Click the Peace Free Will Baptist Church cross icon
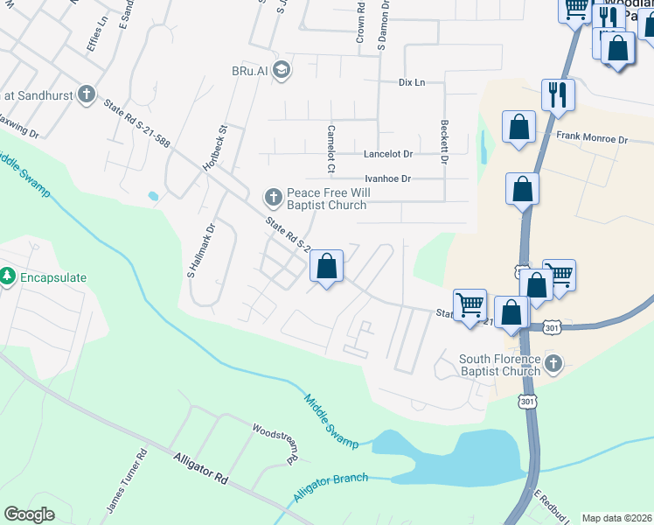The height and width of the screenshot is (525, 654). coord(273,195)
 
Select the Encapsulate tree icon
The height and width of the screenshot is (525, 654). coord(8,276)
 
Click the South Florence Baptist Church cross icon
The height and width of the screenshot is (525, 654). coord(552,363)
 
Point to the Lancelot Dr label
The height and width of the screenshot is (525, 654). coord(387,154)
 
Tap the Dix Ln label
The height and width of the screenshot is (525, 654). coord(411,82)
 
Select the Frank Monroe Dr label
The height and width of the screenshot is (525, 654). coord(593,138)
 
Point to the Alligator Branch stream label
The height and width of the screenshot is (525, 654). coord(331,486)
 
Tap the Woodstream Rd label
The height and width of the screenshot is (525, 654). coord(277,444)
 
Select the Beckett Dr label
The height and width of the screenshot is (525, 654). coord(444,143)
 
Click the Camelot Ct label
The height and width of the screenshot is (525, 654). coord(331,145)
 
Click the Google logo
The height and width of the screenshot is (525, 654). coord(29,514)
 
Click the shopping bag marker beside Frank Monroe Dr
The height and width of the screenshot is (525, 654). coord(519,126)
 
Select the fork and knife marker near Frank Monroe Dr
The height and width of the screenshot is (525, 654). coord(558,93)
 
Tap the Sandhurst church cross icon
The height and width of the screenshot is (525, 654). coord(86,94)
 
